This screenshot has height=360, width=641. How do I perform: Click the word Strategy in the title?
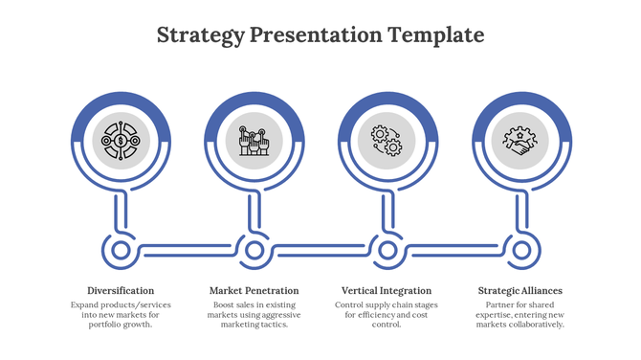(x=199, y=35)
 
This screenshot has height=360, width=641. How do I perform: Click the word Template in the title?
(x=435, y=35)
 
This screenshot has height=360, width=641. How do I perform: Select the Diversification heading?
(x=121, y=290)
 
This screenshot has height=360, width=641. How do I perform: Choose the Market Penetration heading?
(x=254, y=290)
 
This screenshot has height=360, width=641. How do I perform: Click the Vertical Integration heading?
(x=387, y=290)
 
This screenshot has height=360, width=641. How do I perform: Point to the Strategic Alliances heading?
(x=519, y=290)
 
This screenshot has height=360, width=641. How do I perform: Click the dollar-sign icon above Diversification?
(x=121, y=142)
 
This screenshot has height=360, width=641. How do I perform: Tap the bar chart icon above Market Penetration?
(x=254, y=142)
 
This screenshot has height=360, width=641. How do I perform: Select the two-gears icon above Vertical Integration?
(x=387, y=142)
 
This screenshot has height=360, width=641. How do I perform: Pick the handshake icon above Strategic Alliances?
(x=519, y=142)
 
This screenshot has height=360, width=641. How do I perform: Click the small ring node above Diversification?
(x=121, y=251)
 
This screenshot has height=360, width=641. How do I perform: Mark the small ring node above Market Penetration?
(x=254, y=251)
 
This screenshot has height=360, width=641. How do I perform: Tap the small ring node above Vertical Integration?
(x=387, y=251)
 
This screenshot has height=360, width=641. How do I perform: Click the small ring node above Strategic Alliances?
(x=519, y=251)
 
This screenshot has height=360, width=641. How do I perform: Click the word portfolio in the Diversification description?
(x=107, y=325)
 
